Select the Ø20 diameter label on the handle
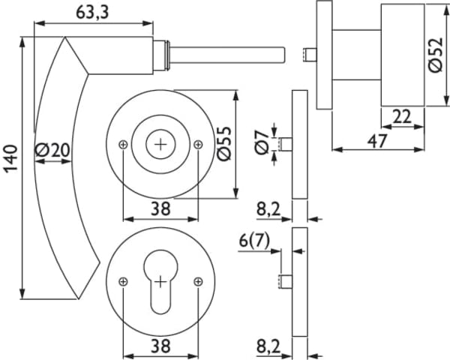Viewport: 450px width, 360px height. click(52, 151)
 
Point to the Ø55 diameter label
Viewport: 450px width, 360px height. click(224, 143)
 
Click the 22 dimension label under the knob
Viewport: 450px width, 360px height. click(402, 116)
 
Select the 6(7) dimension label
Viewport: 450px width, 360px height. click(255, 241)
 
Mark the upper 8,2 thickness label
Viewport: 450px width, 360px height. click(266, 209)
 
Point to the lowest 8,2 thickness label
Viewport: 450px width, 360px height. click(266, 346)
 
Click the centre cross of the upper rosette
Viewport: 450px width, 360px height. click(160, 144)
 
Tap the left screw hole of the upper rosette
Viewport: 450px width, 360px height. click(124, 144)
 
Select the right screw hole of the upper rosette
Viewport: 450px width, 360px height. click(197, 144)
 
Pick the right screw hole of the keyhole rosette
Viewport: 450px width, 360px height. click(197, 281)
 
